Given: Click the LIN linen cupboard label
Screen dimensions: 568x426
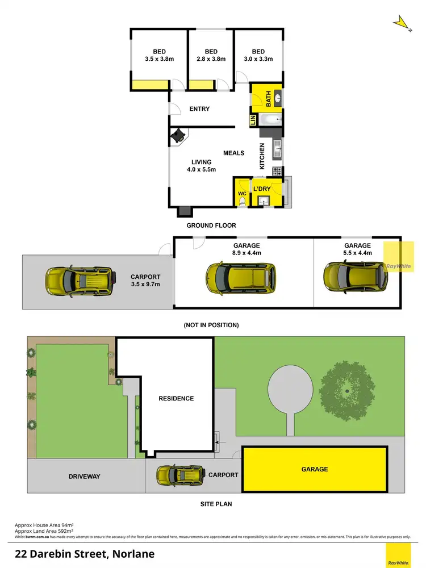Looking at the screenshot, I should point(253,120).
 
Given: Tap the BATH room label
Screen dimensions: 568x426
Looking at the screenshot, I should point(268,100).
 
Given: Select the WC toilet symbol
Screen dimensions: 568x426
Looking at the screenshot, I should point(242,202).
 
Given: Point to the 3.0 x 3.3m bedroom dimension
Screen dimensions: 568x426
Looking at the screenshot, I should point(258,59).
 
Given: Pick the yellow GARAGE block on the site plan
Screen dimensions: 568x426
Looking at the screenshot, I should point(315,469).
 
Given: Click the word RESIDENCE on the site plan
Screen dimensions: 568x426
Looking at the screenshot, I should point(176,398).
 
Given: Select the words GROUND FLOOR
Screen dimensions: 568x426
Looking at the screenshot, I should point(211,225).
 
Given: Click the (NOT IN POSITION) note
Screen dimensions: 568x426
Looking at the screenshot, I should point(211,325).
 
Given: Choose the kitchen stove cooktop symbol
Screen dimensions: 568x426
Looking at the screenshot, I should point(278,170).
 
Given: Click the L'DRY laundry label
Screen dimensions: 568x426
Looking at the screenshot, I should point(262,188).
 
